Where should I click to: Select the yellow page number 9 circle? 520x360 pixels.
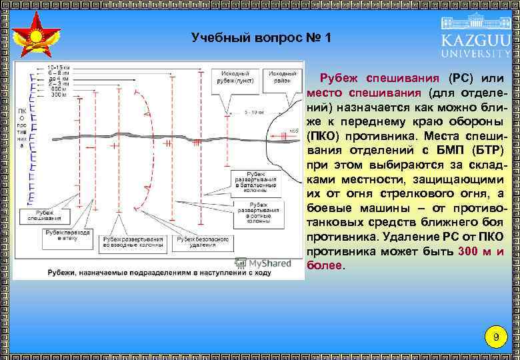click(x=495, y=337)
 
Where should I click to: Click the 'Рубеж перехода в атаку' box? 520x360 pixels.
click(x=67, y=234)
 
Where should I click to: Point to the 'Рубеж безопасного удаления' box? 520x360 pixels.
click(x=202, y=242)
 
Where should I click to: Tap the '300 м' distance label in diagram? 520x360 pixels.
click(x=59, y=95)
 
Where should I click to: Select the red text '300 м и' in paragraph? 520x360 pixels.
click(x=481, y=251)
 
